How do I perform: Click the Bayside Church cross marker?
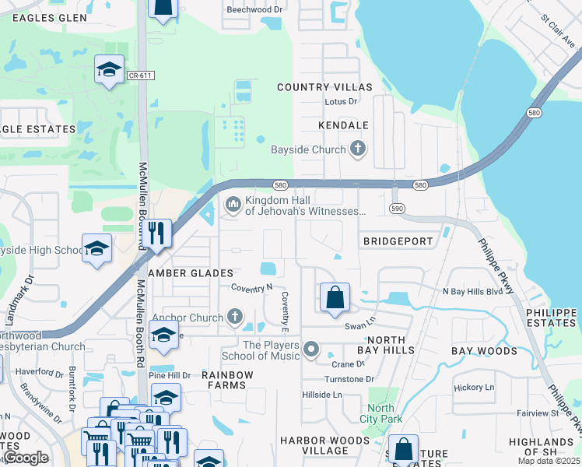[x=357, y=149]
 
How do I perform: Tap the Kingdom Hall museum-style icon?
[x=233, y=205]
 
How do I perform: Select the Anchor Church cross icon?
[x=235, y=317]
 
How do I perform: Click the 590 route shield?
[x=397, y=209]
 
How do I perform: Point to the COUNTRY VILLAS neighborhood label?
[x=324, y=87]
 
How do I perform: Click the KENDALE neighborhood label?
[x=342, y=125]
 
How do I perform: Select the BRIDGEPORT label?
[x=398, y=241]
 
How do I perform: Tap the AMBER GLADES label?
[x=191, y=273]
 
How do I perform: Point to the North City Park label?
[x=380, y=413]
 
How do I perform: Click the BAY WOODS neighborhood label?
[x=485, y=351]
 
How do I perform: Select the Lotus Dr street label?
[x=340, y=101]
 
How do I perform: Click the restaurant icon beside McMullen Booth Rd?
[x=156, y=234]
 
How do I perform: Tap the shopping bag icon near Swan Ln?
[x=335, y=297]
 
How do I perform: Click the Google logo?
[x=26, y=458]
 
